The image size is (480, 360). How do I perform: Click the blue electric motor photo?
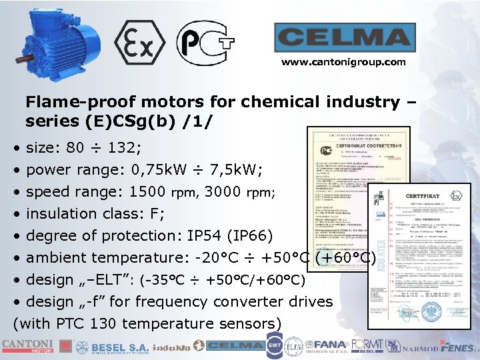(57, 43)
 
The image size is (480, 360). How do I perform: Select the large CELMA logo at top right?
(343, 38)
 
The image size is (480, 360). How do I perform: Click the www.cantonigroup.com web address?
(343, 62)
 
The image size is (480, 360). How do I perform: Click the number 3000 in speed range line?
(224, 192)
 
